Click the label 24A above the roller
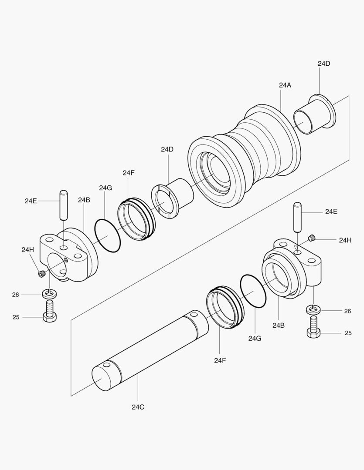point(285,85)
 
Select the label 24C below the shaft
point(138,407)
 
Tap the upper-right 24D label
point(324,64)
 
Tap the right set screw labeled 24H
point(312,238)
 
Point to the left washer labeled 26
point(49,294)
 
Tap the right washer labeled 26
point(313,309)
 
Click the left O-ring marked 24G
point(108,235)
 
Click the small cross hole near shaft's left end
point(107,365)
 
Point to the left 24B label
point(84,200)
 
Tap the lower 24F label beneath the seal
point(220,360)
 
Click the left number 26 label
point(16,295)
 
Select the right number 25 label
point(348,333)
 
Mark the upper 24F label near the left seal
point(129,173)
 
